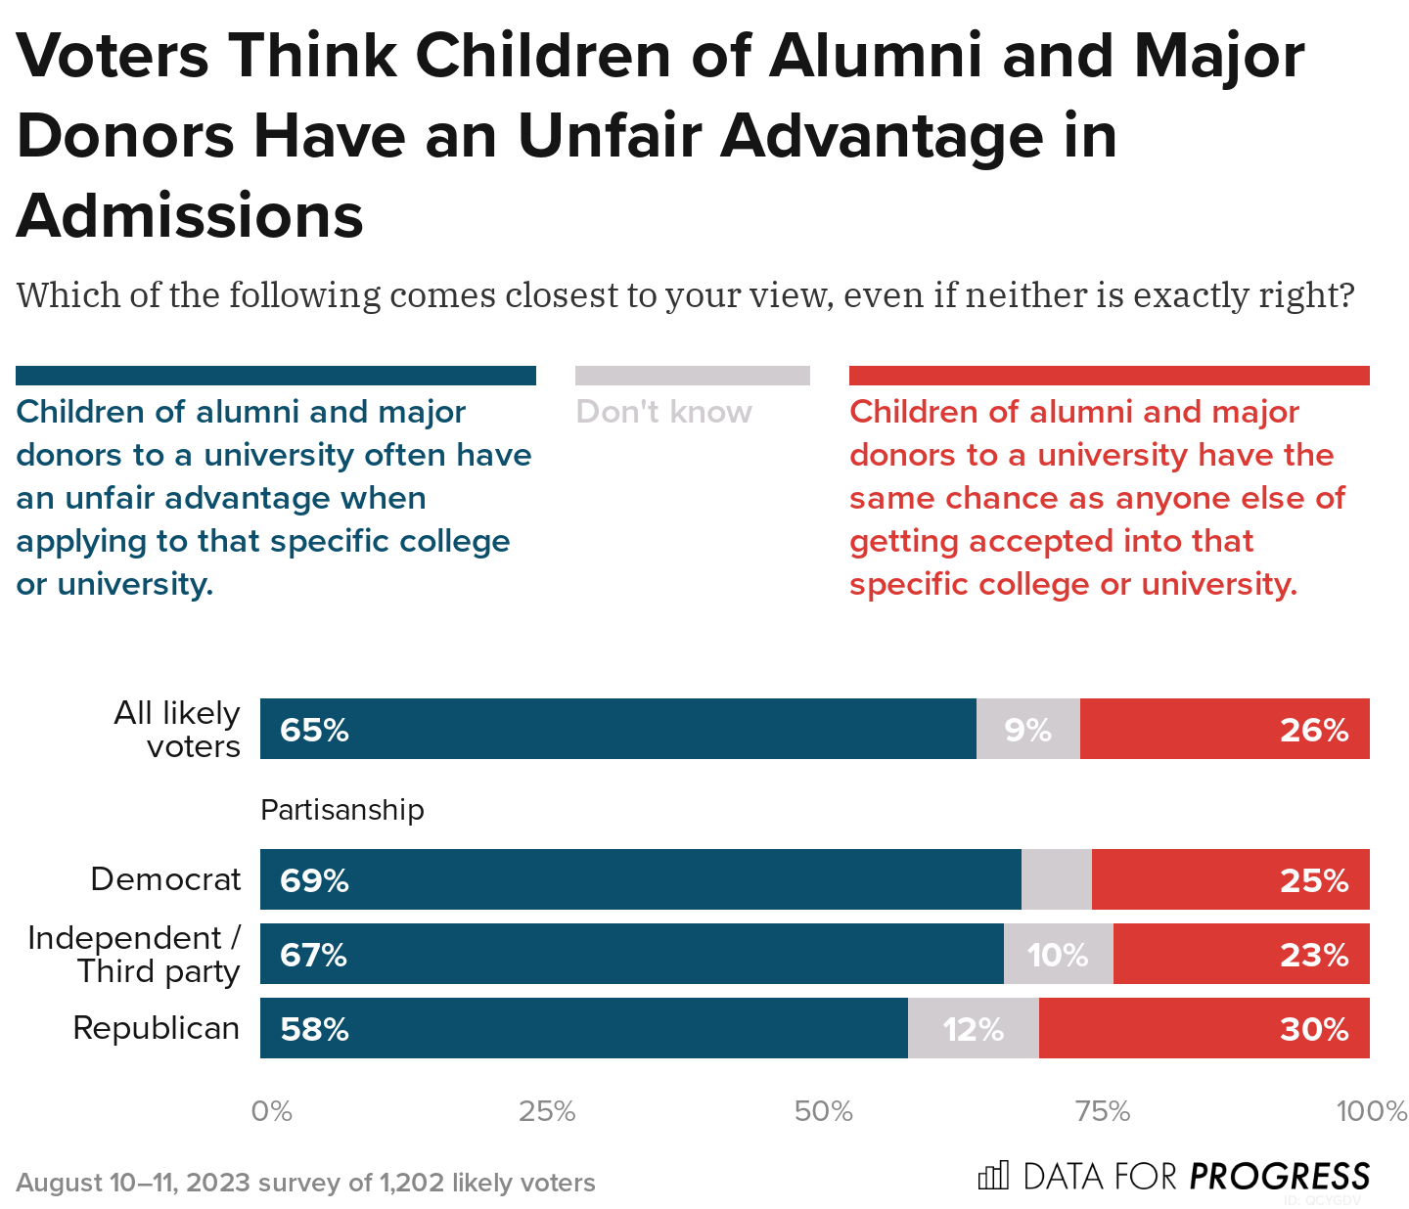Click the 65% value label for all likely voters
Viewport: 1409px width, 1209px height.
[x=314, y=731]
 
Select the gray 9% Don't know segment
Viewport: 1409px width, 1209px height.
[x=1027, y=730]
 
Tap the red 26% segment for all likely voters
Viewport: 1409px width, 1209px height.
[x=1224, y=730]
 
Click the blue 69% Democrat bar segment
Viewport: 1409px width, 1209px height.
[x=640, y=879]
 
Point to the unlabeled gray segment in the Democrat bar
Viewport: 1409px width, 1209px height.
[x=1056, y=879]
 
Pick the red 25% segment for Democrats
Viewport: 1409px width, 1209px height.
[x=1230, y=879]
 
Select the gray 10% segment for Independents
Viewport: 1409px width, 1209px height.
[x=1058, y=954]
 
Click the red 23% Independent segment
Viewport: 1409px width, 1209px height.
[x=1241, y=954]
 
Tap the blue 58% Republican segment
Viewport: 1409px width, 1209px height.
[x=583, y=1028]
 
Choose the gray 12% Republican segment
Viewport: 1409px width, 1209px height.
[x=973, y=1028]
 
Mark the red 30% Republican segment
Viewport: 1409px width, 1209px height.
[x=1204, y=1028]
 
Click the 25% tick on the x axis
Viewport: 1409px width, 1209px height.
[x=547, y=1111]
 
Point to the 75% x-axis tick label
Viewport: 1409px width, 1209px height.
[x=1103, y=1111]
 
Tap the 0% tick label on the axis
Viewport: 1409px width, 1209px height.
[x=271, y=1111]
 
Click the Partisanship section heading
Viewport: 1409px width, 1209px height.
[x=341, y=810]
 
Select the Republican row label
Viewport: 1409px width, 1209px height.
[x=157, y=1028]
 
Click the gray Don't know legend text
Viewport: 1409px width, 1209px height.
[x=663, y=412]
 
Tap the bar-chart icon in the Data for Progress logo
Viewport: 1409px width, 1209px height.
[x=992, y=1175]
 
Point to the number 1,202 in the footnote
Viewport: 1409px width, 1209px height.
[x=412, y=1183]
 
